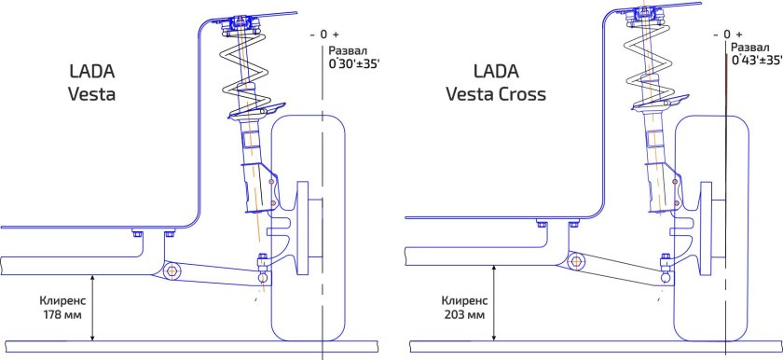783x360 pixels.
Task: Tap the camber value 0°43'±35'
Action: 755,60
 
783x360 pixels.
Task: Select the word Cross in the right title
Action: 522,94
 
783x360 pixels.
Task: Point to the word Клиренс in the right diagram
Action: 463,300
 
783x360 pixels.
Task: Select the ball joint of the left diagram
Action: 263,276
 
